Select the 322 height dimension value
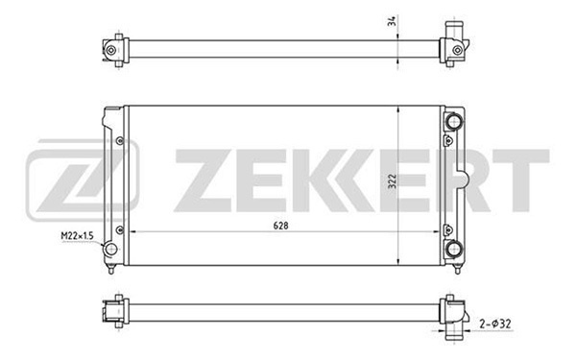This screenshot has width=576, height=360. (392, 180)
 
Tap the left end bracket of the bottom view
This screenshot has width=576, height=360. (112, 310)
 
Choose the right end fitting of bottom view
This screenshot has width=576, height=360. (452, 313)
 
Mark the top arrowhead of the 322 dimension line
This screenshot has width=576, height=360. (400, 108)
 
